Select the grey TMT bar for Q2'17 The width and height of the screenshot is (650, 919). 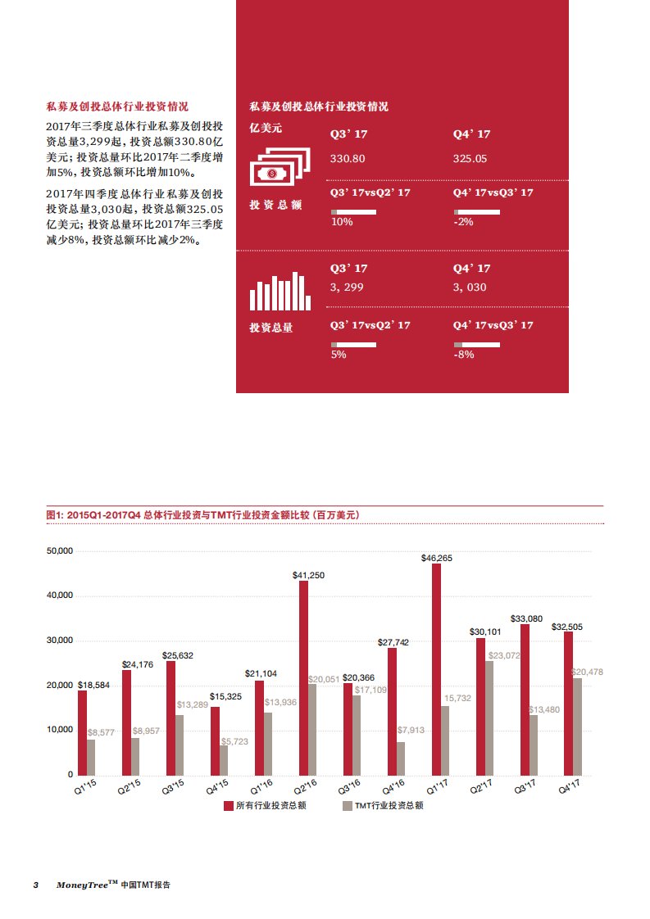(x=489, y=718)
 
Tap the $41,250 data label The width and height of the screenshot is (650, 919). (x=308, y=575)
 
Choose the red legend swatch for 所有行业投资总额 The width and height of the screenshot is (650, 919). (x=229, y=806)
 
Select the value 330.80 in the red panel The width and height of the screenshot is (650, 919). (x=348, y=158)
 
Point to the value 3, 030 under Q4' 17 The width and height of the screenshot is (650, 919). (x=470, y=287)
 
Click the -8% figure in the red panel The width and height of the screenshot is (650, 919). (x=464, y=355)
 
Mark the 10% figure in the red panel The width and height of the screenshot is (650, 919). (x=342, y=222)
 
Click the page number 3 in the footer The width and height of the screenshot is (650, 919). (x=35, y=885)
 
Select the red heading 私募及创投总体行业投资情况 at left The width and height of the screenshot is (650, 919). (x=117, y=106)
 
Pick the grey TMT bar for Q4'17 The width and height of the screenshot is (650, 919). (x=577, y=727)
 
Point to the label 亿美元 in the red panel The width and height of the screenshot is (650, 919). (x=266, y=128)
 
